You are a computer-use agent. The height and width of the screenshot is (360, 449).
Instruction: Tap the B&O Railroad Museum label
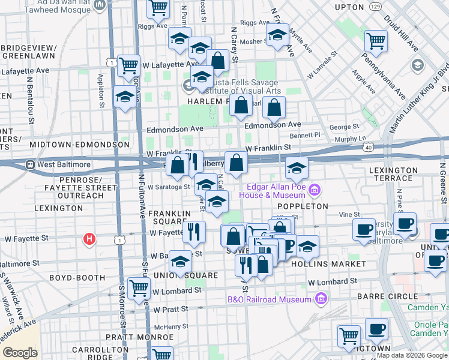pyautogui.click(x=270, y=299)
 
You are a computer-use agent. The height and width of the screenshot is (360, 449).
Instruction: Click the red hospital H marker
pyautogui.click(x=89, y=239)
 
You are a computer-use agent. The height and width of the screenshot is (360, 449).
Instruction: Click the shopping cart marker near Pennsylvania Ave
pyautogui.click(x=376, y=41)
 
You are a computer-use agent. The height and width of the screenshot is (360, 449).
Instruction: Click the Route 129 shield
pyautogui.click(x=375, y=6)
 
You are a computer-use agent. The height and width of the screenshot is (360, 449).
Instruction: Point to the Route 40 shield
pyautogui.click(x=368, y=146)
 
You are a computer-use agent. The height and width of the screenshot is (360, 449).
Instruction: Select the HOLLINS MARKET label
pyautogui.click(x=336, y=264)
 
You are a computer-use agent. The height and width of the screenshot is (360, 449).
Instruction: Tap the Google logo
pyautogui.click(x=20, y=353)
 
